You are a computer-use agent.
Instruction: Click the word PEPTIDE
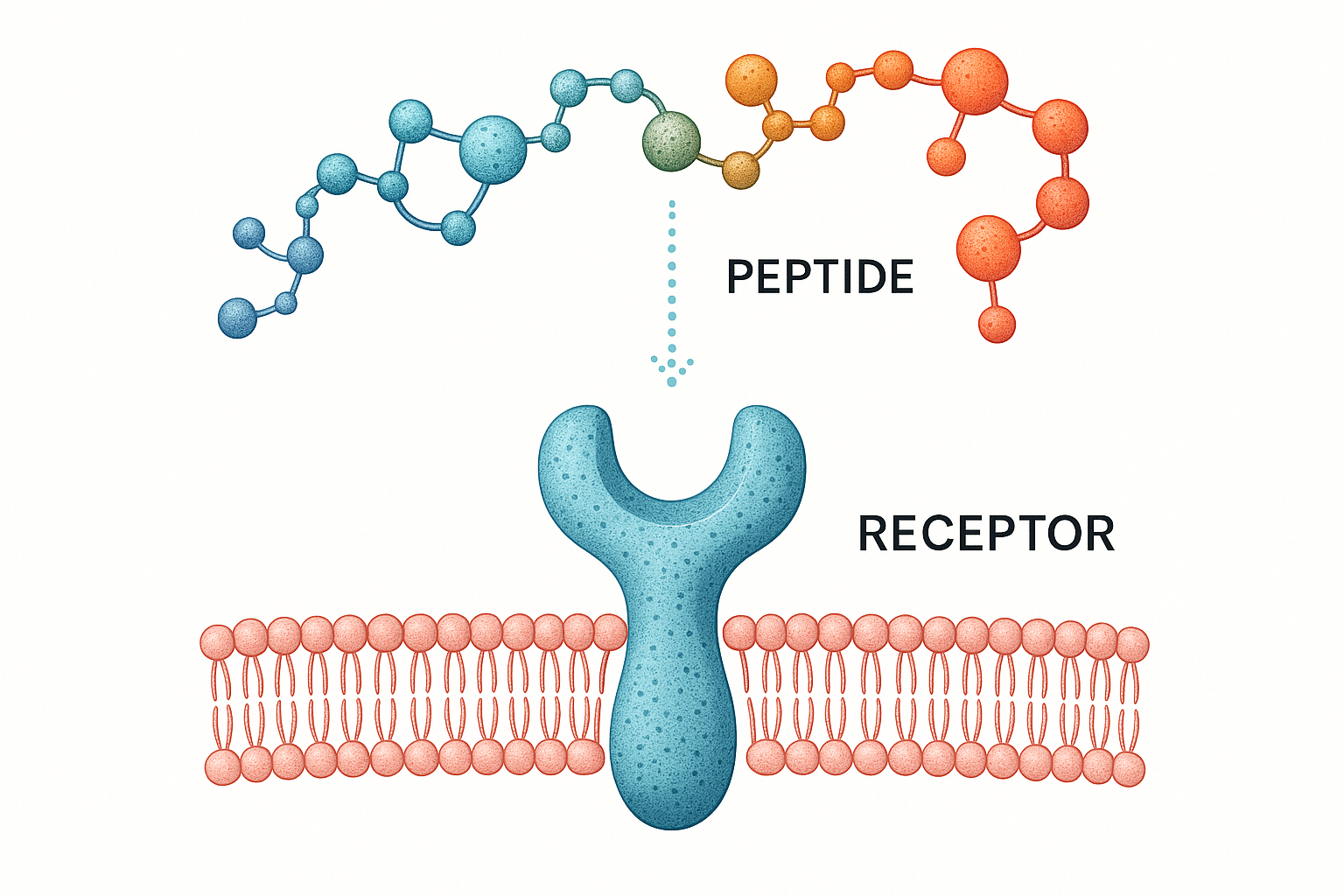820,276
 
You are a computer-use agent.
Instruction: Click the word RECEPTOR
986,533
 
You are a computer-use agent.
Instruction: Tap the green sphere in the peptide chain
671,140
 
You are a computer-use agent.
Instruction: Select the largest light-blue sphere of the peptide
493,150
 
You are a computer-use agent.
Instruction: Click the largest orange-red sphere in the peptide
974,80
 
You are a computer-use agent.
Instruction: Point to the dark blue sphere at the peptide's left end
237,318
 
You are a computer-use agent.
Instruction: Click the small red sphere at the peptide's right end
997,325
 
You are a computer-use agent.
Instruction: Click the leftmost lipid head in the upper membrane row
218,642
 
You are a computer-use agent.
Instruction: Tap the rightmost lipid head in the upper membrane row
1132,645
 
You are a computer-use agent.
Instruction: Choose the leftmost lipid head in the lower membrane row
222,766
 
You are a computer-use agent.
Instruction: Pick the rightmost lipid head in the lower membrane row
1128,770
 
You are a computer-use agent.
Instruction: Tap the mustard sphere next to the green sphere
740,170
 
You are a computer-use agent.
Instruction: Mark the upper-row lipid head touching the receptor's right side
740,632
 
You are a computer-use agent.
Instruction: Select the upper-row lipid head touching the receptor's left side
610,632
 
